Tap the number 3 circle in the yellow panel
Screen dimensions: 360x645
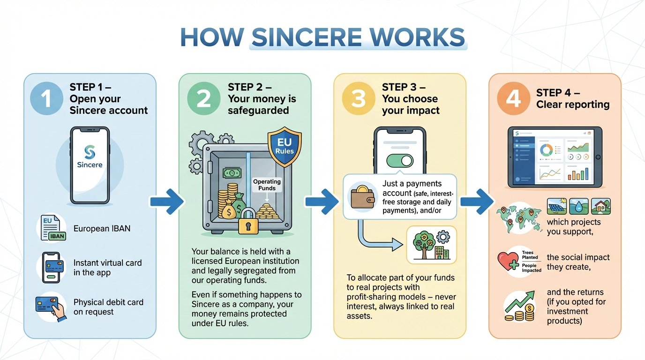[x=358, y=99]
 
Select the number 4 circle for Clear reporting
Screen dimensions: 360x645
[x=513, y=99]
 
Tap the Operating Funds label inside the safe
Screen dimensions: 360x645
[x=267, y=185]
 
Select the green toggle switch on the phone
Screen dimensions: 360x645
[x=399, y=161]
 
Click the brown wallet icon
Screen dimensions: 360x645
[x=363, y=196]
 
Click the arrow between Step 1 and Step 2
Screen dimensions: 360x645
[x=166, y=202]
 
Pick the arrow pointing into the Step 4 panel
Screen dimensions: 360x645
[x=476, y=202]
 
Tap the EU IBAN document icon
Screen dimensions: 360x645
[x=52, y=228]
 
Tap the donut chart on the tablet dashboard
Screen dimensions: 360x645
[x=546, y=150]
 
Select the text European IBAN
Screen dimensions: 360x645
[x=102, y=229]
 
